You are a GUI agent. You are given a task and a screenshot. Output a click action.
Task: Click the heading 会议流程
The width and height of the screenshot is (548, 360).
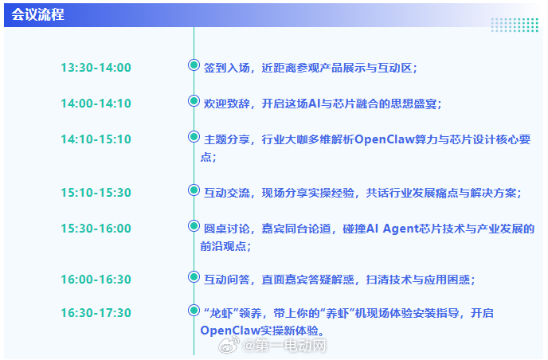pyautogui.click(x=38, y=15)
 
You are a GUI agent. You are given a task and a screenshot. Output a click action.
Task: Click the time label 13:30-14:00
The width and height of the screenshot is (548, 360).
pyautogui.click(x=96, y=68)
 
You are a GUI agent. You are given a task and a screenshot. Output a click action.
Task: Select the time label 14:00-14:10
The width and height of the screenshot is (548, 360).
pyautogui.click(x=96, y=104)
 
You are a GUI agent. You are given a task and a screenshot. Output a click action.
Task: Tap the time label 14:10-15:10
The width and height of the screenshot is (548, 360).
pyautogui.click(x=96, y=139)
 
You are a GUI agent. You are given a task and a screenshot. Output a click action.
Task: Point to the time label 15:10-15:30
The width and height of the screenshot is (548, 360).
pyautogui.click(x=96, y=193)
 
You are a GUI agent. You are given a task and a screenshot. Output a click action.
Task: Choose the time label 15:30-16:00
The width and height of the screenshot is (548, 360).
pyautogui.click(x=96, y=229)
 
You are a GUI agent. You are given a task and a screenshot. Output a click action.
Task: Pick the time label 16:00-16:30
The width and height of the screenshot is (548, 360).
pyautogui.click(x=96, y=280)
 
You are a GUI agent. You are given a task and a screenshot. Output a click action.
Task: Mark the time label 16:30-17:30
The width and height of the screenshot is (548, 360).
pyautogui.click(x=96, y=313)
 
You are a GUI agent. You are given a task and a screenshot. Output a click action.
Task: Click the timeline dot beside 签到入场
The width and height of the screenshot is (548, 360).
pyautogui.click(x=194, y=65)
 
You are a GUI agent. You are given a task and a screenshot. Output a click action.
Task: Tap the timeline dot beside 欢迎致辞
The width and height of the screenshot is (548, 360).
pyautogui.click(x=194, y=101)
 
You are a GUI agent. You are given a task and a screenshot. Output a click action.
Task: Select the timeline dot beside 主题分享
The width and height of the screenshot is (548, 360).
pyautogui.click(x=194, y=137)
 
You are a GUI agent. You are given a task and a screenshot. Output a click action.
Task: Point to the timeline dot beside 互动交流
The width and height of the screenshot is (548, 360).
pyautogui.click(x=194, y=190)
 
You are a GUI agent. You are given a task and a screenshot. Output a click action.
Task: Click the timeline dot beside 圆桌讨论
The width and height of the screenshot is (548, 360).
pyautogui.click(x=194, y=226)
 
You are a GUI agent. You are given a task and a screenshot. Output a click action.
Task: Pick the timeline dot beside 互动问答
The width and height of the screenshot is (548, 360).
pyautogui.click(x=194, y=277)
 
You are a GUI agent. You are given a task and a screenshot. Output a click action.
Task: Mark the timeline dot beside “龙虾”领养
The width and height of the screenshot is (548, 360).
pyautogui.click(x=194, y=310)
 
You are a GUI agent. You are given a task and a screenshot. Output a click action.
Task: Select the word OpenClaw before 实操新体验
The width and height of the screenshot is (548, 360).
pyautogui.click(x=232, y=330)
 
